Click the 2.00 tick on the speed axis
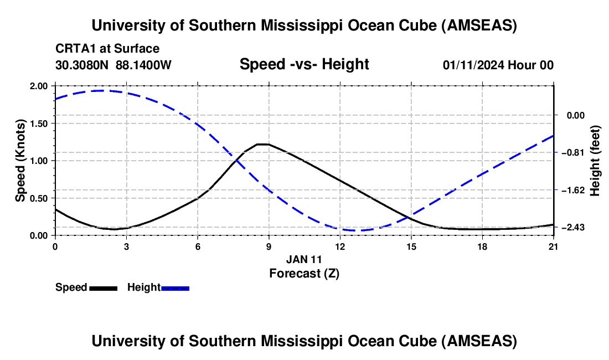coord(39,86)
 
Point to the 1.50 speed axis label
coord(39,124)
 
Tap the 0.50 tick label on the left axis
coord(39,198)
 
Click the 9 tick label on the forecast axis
coord(269,246)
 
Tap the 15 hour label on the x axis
coord(411,246)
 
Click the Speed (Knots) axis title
coord(20,161)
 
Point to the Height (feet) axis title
coord(596,161)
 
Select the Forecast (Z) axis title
coord(304,273)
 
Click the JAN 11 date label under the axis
coord(304,259)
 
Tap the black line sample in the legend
coord(103,288)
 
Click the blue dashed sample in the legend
coord(176,288)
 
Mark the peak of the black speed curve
coord(264,144)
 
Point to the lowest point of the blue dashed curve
coord(354,230)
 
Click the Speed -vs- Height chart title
coord(304,65)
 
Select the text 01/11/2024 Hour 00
coord(498,65)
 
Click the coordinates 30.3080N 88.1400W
coord(113,65)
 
